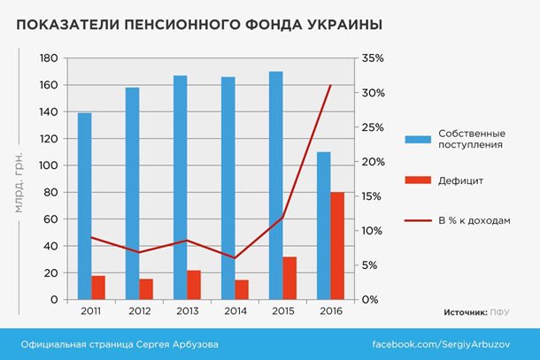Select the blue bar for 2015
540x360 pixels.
coord(275,186)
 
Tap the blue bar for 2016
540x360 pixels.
coord(323,226)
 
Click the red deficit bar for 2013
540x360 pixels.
coord(194,285)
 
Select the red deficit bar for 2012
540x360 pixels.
coord(146,289)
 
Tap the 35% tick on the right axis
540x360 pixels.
coord(372,58)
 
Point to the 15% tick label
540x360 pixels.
coord(372,196)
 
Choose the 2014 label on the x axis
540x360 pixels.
coord(235,312)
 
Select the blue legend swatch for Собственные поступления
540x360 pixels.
coord(417,140)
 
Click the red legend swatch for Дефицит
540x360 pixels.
coord(417,181)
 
